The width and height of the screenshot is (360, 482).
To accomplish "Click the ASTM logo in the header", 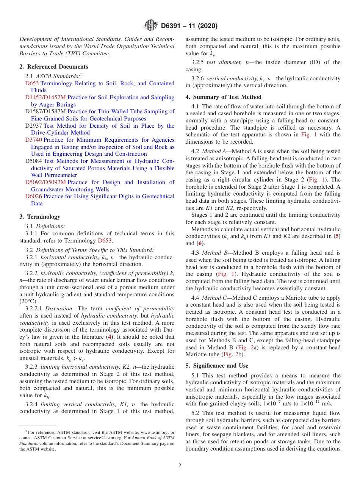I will (x=151, y=25).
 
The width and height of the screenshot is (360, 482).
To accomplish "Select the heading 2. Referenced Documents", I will (x=53, y=67).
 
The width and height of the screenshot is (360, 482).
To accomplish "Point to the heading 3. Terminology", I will (x=40, y=217).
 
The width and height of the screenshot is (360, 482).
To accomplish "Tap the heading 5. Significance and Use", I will (x=217, y=366).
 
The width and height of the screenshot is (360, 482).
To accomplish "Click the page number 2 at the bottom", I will (x=180, y=465).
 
